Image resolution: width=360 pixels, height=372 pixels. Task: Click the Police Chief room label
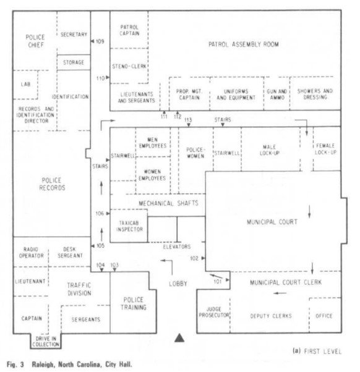tap(35, 41)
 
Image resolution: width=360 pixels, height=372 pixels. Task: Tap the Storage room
tap(74, 62)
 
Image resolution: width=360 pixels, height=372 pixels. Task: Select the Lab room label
tap(25, 84)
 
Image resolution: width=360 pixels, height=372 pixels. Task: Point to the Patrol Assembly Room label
tap(244, 44)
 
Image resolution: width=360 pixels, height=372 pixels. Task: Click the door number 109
tap(100, 41)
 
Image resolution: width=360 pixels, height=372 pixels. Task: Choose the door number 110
tap(100, 78)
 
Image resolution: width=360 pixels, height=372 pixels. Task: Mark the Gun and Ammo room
tap(277, 94)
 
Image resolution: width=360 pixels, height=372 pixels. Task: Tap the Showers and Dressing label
tap(315, 94)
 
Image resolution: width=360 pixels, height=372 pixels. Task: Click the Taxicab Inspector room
tap(129, 226)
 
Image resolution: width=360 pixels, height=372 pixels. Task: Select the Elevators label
tap(177, 247)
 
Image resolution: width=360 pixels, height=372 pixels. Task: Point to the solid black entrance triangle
tap(179, 338)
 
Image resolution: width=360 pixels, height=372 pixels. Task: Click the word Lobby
tap(178, 284)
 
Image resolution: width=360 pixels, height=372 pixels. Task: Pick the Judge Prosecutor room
tap(213, 311)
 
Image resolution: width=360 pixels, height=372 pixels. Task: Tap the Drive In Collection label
tap(46, 341)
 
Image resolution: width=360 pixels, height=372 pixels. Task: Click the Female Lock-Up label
tap(325, 149)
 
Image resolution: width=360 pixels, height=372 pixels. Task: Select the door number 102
tap(194, 258)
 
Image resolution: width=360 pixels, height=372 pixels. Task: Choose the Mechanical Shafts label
tap(168, 203)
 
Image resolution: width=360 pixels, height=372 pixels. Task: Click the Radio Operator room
tap(31, 252)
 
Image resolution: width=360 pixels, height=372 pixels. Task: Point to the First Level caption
tap(317, 351)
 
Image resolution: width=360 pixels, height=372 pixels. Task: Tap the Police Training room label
tap(133, 303)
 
